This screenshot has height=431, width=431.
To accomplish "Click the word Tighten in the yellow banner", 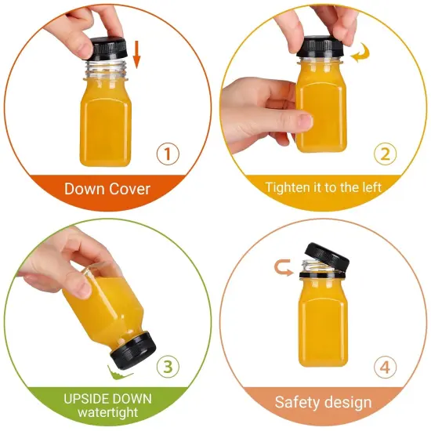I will [289, 188].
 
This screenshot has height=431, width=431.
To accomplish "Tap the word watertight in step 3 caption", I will [108, 413].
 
